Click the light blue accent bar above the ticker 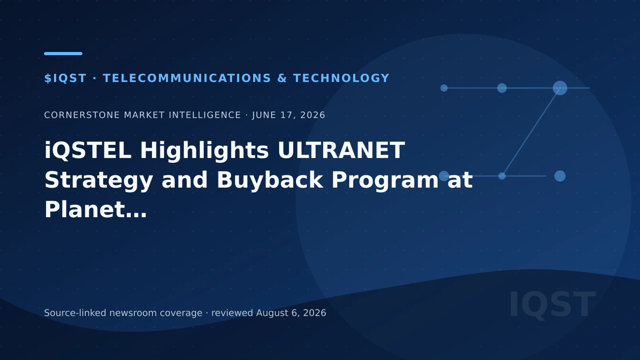click(x=63, y=54)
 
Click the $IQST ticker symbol click(x=66, y=78)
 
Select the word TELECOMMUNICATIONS click(x=187, y=78)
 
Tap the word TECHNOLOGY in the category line click(x=342, y=78)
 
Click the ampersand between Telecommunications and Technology click(x=282, y=78)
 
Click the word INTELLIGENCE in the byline click(x=205, y=115)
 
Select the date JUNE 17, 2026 click(x=288, y=115)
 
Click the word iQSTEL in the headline click(x=88, y=150)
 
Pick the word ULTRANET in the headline click(x=341, y=150)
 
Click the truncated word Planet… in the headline click(x=96, y=210)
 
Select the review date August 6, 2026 click(x=291, y=313)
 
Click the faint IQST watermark click(x=553, y=304)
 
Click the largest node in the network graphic click(x=560, y=88)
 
